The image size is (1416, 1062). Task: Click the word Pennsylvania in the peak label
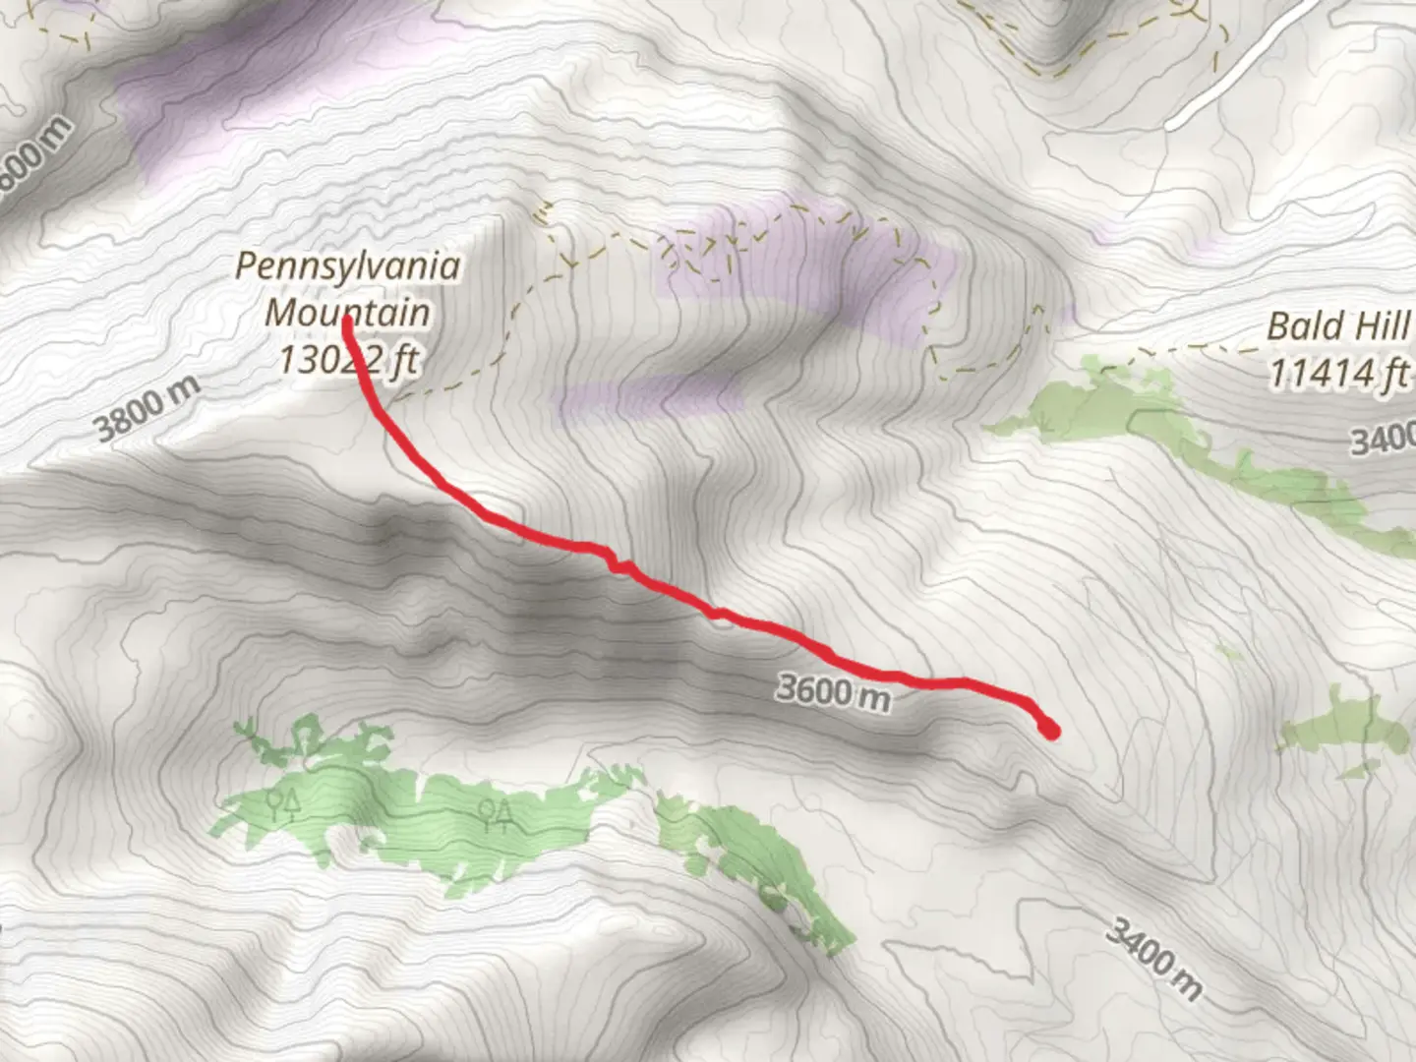347,266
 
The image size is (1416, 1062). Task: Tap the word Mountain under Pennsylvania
347,313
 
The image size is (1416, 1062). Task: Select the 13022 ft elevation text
347,360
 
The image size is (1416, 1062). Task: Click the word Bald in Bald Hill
1302,326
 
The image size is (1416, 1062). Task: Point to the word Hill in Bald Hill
1381,326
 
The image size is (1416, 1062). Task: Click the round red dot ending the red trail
1050,730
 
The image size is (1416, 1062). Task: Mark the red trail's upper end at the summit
348,321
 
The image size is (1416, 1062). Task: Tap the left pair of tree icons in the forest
283,805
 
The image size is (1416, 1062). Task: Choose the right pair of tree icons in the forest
495,810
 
